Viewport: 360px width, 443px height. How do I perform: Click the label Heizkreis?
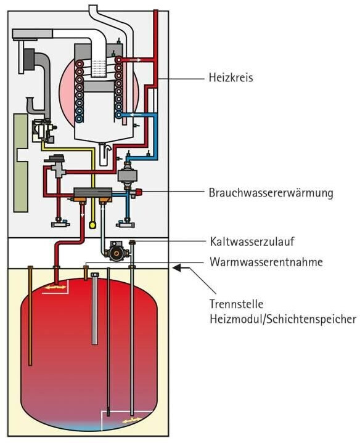coord(231,78)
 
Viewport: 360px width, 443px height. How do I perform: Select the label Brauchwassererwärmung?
coord(271,193)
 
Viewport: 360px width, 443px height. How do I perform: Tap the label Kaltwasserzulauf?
coord(252,242)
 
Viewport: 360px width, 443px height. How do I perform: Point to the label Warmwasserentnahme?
coord(266,262)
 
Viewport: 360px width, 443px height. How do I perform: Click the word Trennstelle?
coord(236,304)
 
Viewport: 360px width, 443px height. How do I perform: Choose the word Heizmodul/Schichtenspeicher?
coord(283,319)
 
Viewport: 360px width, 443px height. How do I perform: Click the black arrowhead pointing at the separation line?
coord(177,267)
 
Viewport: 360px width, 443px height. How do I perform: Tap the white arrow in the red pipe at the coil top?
coord(136,60)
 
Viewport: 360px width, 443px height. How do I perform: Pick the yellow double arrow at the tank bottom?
coord(132,420)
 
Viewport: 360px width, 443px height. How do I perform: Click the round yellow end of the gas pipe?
coord(92,225)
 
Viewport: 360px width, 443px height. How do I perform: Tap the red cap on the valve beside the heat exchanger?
coord(139,192)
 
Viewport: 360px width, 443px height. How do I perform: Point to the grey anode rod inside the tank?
coord(95,309)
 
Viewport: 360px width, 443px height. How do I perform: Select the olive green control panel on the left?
coord(21,163)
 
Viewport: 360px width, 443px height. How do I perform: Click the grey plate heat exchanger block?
coord(93,193)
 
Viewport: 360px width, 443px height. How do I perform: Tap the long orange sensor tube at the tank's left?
coord(30,316)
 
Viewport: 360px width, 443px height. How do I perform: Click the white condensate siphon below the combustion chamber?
coord(104,153)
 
